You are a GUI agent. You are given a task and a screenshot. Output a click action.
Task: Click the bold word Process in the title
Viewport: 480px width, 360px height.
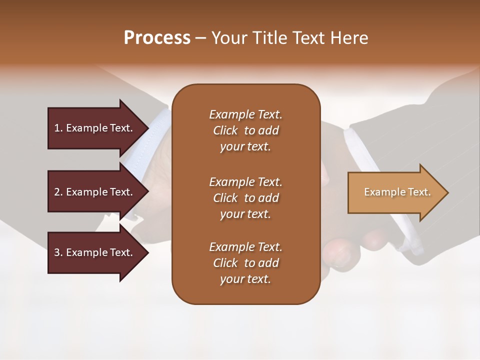(x=157, y=38)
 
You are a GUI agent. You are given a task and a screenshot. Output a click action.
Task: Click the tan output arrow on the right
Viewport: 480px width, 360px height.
(x=395, y=192)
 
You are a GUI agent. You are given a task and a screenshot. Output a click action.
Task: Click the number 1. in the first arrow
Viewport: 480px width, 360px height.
(x=58, y=128)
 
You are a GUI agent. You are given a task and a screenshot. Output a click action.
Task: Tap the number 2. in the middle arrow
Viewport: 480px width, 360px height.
(x=58, y=192)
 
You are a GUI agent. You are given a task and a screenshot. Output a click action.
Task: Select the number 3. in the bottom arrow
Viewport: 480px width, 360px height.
(x=58, y=252)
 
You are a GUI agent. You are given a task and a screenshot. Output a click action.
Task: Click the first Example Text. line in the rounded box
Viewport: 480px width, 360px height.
(x=245, y=114)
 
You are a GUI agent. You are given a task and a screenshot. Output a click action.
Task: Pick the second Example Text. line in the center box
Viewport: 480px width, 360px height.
(x=245, y=182)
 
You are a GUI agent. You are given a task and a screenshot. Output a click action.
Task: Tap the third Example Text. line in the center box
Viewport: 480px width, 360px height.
(x=245, y=247)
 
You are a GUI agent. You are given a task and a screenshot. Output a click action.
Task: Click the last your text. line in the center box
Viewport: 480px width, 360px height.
(x=245, y=279)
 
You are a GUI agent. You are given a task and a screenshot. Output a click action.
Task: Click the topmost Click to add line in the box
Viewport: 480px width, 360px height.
(x=245, y=130)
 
